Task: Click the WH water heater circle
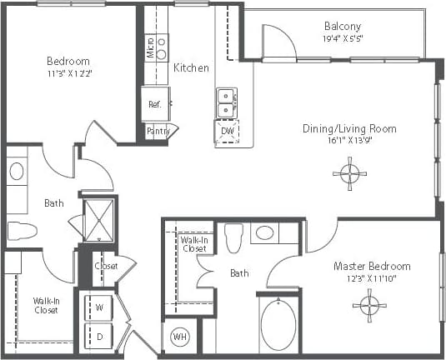179,337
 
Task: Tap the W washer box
99,307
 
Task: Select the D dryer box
99,337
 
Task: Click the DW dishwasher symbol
227,132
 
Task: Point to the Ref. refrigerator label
154,104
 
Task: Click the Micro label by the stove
149,47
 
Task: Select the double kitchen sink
226,103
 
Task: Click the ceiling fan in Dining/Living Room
348,174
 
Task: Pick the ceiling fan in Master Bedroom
368,305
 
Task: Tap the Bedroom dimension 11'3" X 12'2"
68,74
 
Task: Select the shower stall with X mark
99,219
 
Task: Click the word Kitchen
191,67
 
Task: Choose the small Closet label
106,266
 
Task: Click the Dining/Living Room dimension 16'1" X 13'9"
348,141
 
